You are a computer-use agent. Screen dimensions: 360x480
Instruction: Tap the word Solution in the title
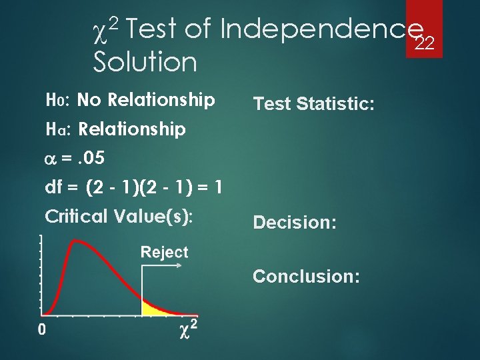[145, 63]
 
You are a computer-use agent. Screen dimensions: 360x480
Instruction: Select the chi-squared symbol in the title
[104, 29]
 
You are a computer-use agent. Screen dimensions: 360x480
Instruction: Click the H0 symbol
[54, 101]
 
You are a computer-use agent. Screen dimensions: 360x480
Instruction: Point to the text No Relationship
[146, 101]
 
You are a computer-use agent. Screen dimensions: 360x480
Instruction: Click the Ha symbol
[55, 129]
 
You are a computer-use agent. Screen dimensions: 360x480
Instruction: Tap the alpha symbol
[49, 159]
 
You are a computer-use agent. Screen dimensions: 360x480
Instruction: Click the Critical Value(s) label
[118, 217]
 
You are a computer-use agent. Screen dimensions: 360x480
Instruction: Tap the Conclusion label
[306, 276]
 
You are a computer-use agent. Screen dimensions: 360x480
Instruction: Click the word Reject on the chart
[164, 252]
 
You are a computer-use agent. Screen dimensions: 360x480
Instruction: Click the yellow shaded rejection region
[153, 309]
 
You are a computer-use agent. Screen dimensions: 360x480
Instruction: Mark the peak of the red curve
[79, 242]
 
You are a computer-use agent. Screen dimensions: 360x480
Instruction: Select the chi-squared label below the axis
[189, 330]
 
